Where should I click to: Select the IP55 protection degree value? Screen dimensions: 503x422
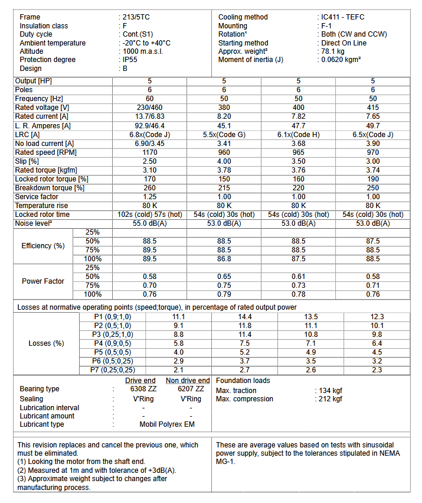point(130,60)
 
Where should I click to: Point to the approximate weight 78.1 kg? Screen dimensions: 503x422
point(335,51)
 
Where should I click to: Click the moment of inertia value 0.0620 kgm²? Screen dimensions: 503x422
point(343,60)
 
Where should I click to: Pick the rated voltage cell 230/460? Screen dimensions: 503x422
point(149,108)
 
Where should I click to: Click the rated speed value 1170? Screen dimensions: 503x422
point(149,152)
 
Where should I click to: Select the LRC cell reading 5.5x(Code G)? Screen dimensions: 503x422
point(224,134)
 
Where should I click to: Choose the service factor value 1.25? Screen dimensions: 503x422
point(149,197)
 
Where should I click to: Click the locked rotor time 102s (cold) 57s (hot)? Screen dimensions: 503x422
point(149,215)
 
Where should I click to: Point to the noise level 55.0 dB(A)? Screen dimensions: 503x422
point(149,223)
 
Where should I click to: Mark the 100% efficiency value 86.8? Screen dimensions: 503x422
point(224,259)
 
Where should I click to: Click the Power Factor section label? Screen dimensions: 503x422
point(43,281)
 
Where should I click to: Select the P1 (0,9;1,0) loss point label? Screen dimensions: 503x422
point(113,317)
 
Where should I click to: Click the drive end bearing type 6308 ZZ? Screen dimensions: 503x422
point(142,389)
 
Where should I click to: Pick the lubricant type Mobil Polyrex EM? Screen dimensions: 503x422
point(166,424)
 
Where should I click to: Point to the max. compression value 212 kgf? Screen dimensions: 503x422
point(329,399)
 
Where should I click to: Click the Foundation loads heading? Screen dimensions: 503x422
point(243,381)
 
